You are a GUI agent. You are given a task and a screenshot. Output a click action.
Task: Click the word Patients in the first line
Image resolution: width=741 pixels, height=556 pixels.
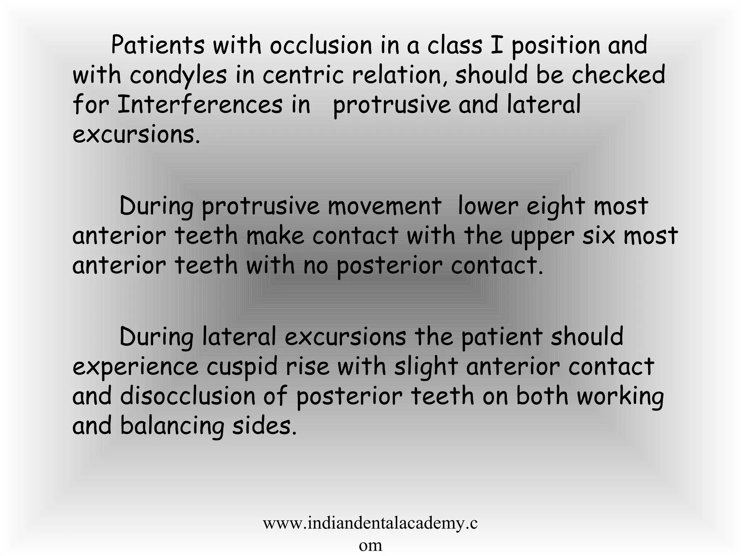(157, 46)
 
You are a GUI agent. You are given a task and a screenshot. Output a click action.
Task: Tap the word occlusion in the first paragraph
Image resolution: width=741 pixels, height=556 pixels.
(321, 46)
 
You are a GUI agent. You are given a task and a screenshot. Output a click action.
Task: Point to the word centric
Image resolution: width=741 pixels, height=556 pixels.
(302, 75)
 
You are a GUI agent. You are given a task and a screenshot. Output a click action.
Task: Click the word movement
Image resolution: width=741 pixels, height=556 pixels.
(384, 206)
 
